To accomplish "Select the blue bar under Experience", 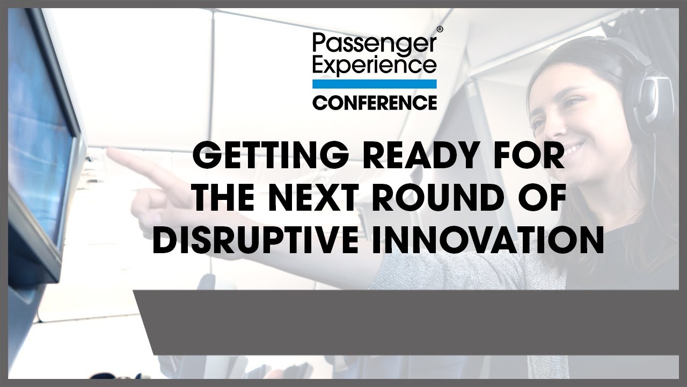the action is [x=375, y=84].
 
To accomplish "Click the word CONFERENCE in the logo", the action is [x=375, y=103].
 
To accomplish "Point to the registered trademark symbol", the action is [x=440, y=29].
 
